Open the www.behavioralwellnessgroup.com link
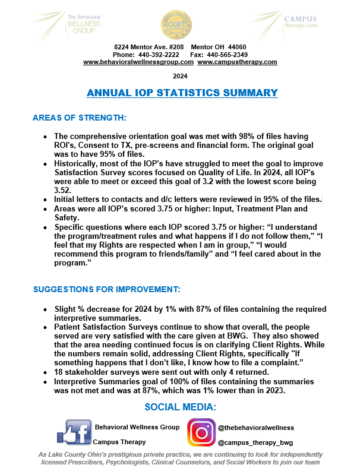[138, 62]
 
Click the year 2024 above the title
[180, 76]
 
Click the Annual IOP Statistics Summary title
[182, 93]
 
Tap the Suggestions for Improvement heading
[106, 290]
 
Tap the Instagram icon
[201, 432]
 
